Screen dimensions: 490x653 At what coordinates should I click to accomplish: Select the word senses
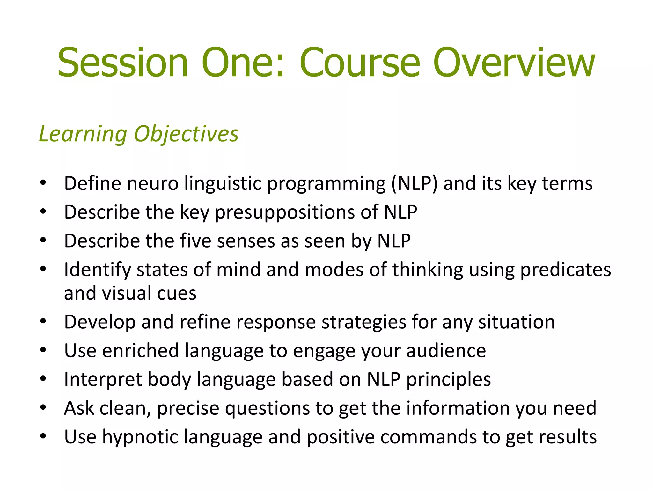click(246, 241)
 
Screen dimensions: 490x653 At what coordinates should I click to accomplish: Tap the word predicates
click(565, 270)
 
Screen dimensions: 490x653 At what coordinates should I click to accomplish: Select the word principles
click(448, 380)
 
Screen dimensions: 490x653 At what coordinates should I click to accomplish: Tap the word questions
click(267, 408)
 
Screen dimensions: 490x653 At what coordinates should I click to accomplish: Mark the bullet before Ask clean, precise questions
click(43, 408)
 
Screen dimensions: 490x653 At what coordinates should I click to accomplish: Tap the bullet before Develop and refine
click(43, 322)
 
